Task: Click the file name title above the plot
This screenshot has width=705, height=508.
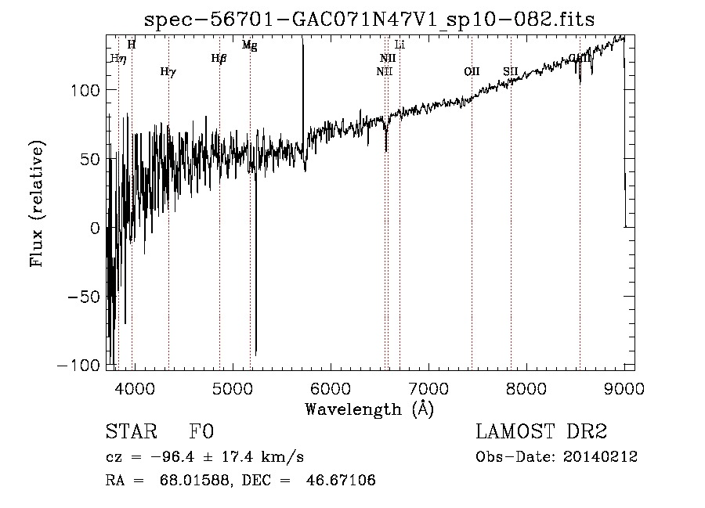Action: click(x=371, y=20)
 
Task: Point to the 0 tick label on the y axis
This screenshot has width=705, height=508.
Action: click(x=96, y=229)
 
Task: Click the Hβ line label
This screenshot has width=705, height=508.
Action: click(x=219, y=58)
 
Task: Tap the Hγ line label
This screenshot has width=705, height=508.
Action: click(x=168, y=72)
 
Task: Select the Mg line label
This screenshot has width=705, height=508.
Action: click(x=249, y=45)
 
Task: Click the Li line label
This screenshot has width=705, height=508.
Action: click(x=399, y=45)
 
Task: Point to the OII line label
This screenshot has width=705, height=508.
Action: click(x=472, y=72)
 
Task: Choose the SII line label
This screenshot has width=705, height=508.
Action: click(x=511, y=72)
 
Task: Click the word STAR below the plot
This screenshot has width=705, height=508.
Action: click(x=128, y=432)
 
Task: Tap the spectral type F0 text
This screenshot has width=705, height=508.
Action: click(x=201, y=432)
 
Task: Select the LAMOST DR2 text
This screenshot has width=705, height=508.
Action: click(x=541, y=432)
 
